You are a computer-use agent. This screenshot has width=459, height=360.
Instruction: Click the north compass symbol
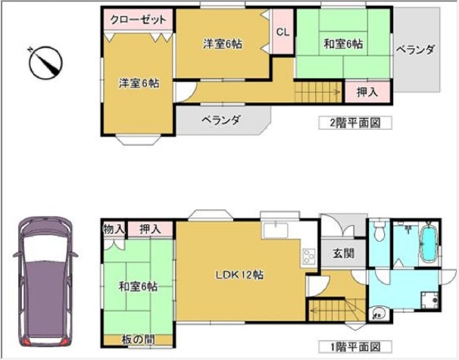pos(46,62)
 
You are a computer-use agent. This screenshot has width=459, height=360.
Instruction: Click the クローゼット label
pos(138,20)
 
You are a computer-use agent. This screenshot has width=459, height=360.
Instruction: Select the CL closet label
pos(283,32)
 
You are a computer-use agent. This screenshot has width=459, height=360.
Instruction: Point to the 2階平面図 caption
pos(355,123)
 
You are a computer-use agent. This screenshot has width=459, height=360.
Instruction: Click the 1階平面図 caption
pos(355,347)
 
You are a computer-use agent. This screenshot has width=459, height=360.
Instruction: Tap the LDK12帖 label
pos(239,275)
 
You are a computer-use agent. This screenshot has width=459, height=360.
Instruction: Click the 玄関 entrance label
pos(344,253)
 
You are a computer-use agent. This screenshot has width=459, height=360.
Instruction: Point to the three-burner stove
pos(308,257)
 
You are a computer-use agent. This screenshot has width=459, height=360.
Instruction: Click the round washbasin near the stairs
pos(378,315)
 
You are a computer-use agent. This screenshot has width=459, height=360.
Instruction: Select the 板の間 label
pos(138,340)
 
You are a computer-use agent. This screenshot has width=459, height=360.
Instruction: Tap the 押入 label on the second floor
pos(367,92)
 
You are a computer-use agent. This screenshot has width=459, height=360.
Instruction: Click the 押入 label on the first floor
pos(151,229)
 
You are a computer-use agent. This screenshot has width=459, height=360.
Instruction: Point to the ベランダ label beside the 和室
pos(415,50)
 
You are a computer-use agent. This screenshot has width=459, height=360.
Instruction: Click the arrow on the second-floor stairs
pos(317,92)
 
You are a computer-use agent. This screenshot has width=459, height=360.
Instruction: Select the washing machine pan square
pos(429,300)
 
